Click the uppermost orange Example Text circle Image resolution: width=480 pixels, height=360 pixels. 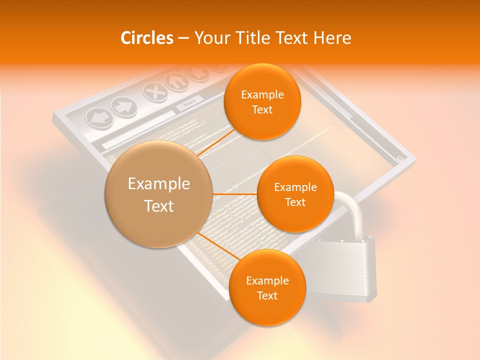click(x=262, y=102)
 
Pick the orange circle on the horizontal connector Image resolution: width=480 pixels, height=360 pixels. click(x=295, y=194)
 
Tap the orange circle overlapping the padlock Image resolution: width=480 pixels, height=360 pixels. click(x=267, y=287)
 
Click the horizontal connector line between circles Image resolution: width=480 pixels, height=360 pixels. click(x=235, y=193)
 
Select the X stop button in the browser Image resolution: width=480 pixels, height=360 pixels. click(x=155, y=91)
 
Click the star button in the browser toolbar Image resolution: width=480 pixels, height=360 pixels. click(x=196, y=72)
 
